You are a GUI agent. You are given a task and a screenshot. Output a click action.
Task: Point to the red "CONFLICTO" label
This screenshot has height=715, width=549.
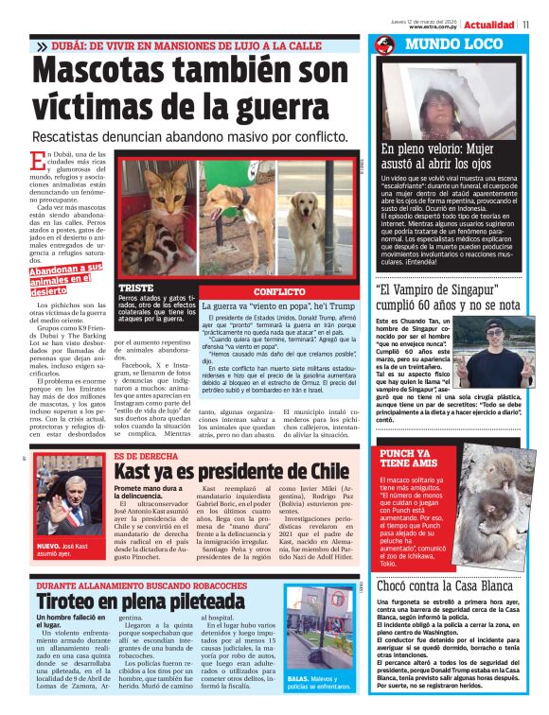[x=279, y=292]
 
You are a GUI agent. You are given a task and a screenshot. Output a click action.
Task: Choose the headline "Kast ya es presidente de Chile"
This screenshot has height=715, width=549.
[x=231, y=470]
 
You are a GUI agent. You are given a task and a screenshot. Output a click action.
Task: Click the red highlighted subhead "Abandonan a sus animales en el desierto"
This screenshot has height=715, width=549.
[x=66, y=280]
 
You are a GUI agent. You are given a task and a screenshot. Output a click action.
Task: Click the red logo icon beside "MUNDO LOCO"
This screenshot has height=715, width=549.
[x=383, y=44]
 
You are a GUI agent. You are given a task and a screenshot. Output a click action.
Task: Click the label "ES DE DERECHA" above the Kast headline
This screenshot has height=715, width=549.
[x=146, y=456]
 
